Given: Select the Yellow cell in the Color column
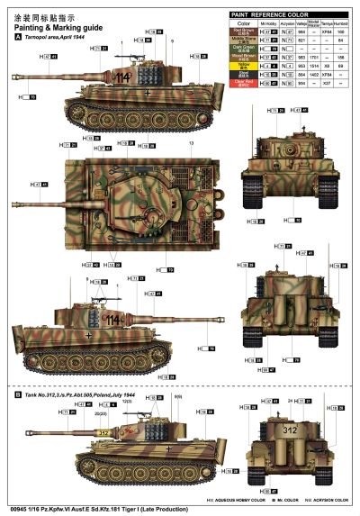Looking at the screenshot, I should tap(241, 66).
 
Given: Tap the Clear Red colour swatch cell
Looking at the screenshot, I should tap(241, 82).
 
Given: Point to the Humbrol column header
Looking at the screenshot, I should tap(342, 24).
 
